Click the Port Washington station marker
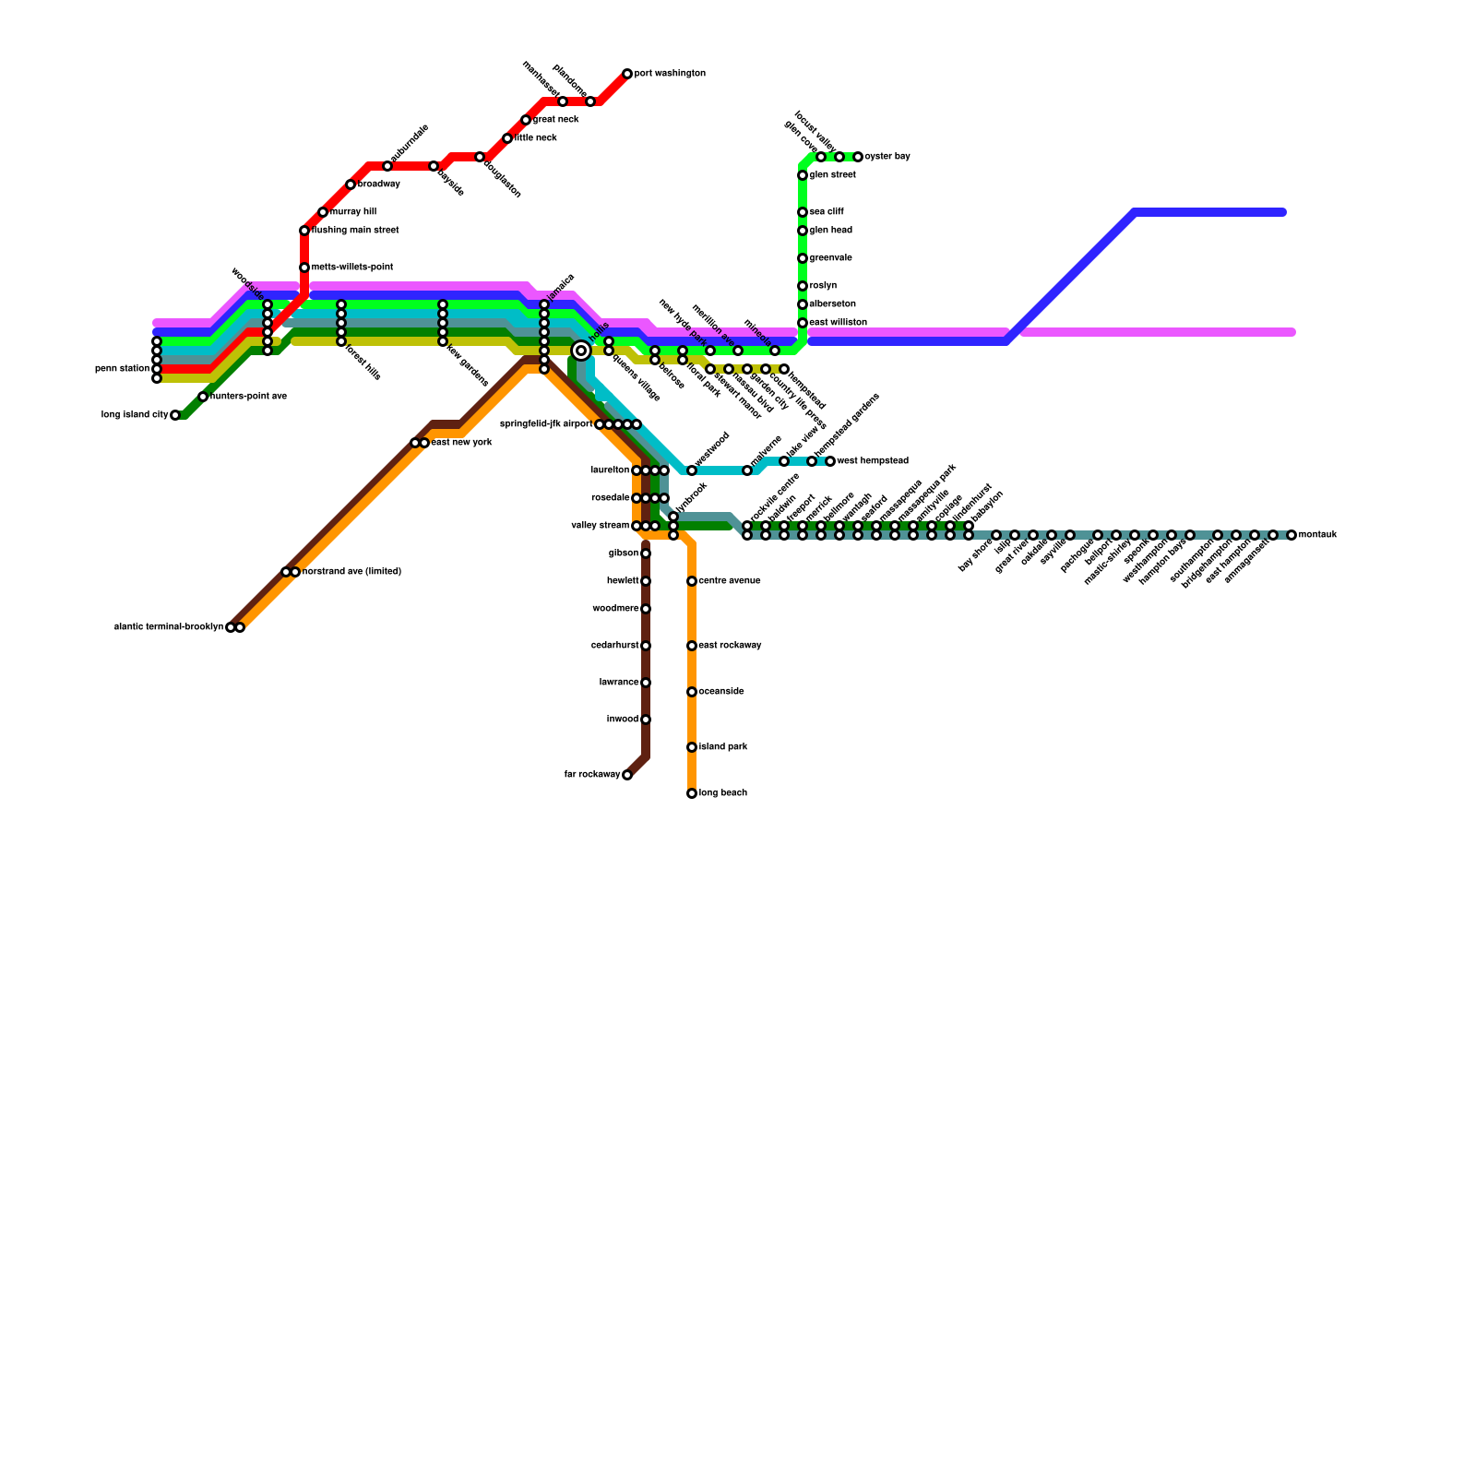coord(627,74)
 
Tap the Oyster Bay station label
coord(887,157)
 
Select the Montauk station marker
coord(1291,535)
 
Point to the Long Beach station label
coord(722,793)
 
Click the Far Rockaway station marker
coord(627,775)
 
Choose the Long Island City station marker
coord(175,415)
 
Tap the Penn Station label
coord(122,369)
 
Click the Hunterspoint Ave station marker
coord(203,397)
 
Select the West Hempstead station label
coord(872,461)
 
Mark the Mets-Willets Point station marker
coord(304,268)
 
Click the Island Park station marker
coord(692,747)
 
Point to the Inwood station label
coord(623,720)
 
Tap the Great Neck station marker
coord(526,120)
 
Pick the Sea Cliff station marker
coord(803,212)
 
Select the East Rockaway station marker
coord(692,646)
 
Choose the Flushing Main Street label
coord(355,231)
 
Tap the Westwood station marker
coord(692,470)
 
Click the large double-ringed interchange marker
coord(581,351)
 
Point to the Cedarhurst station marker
coord(646,646)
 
